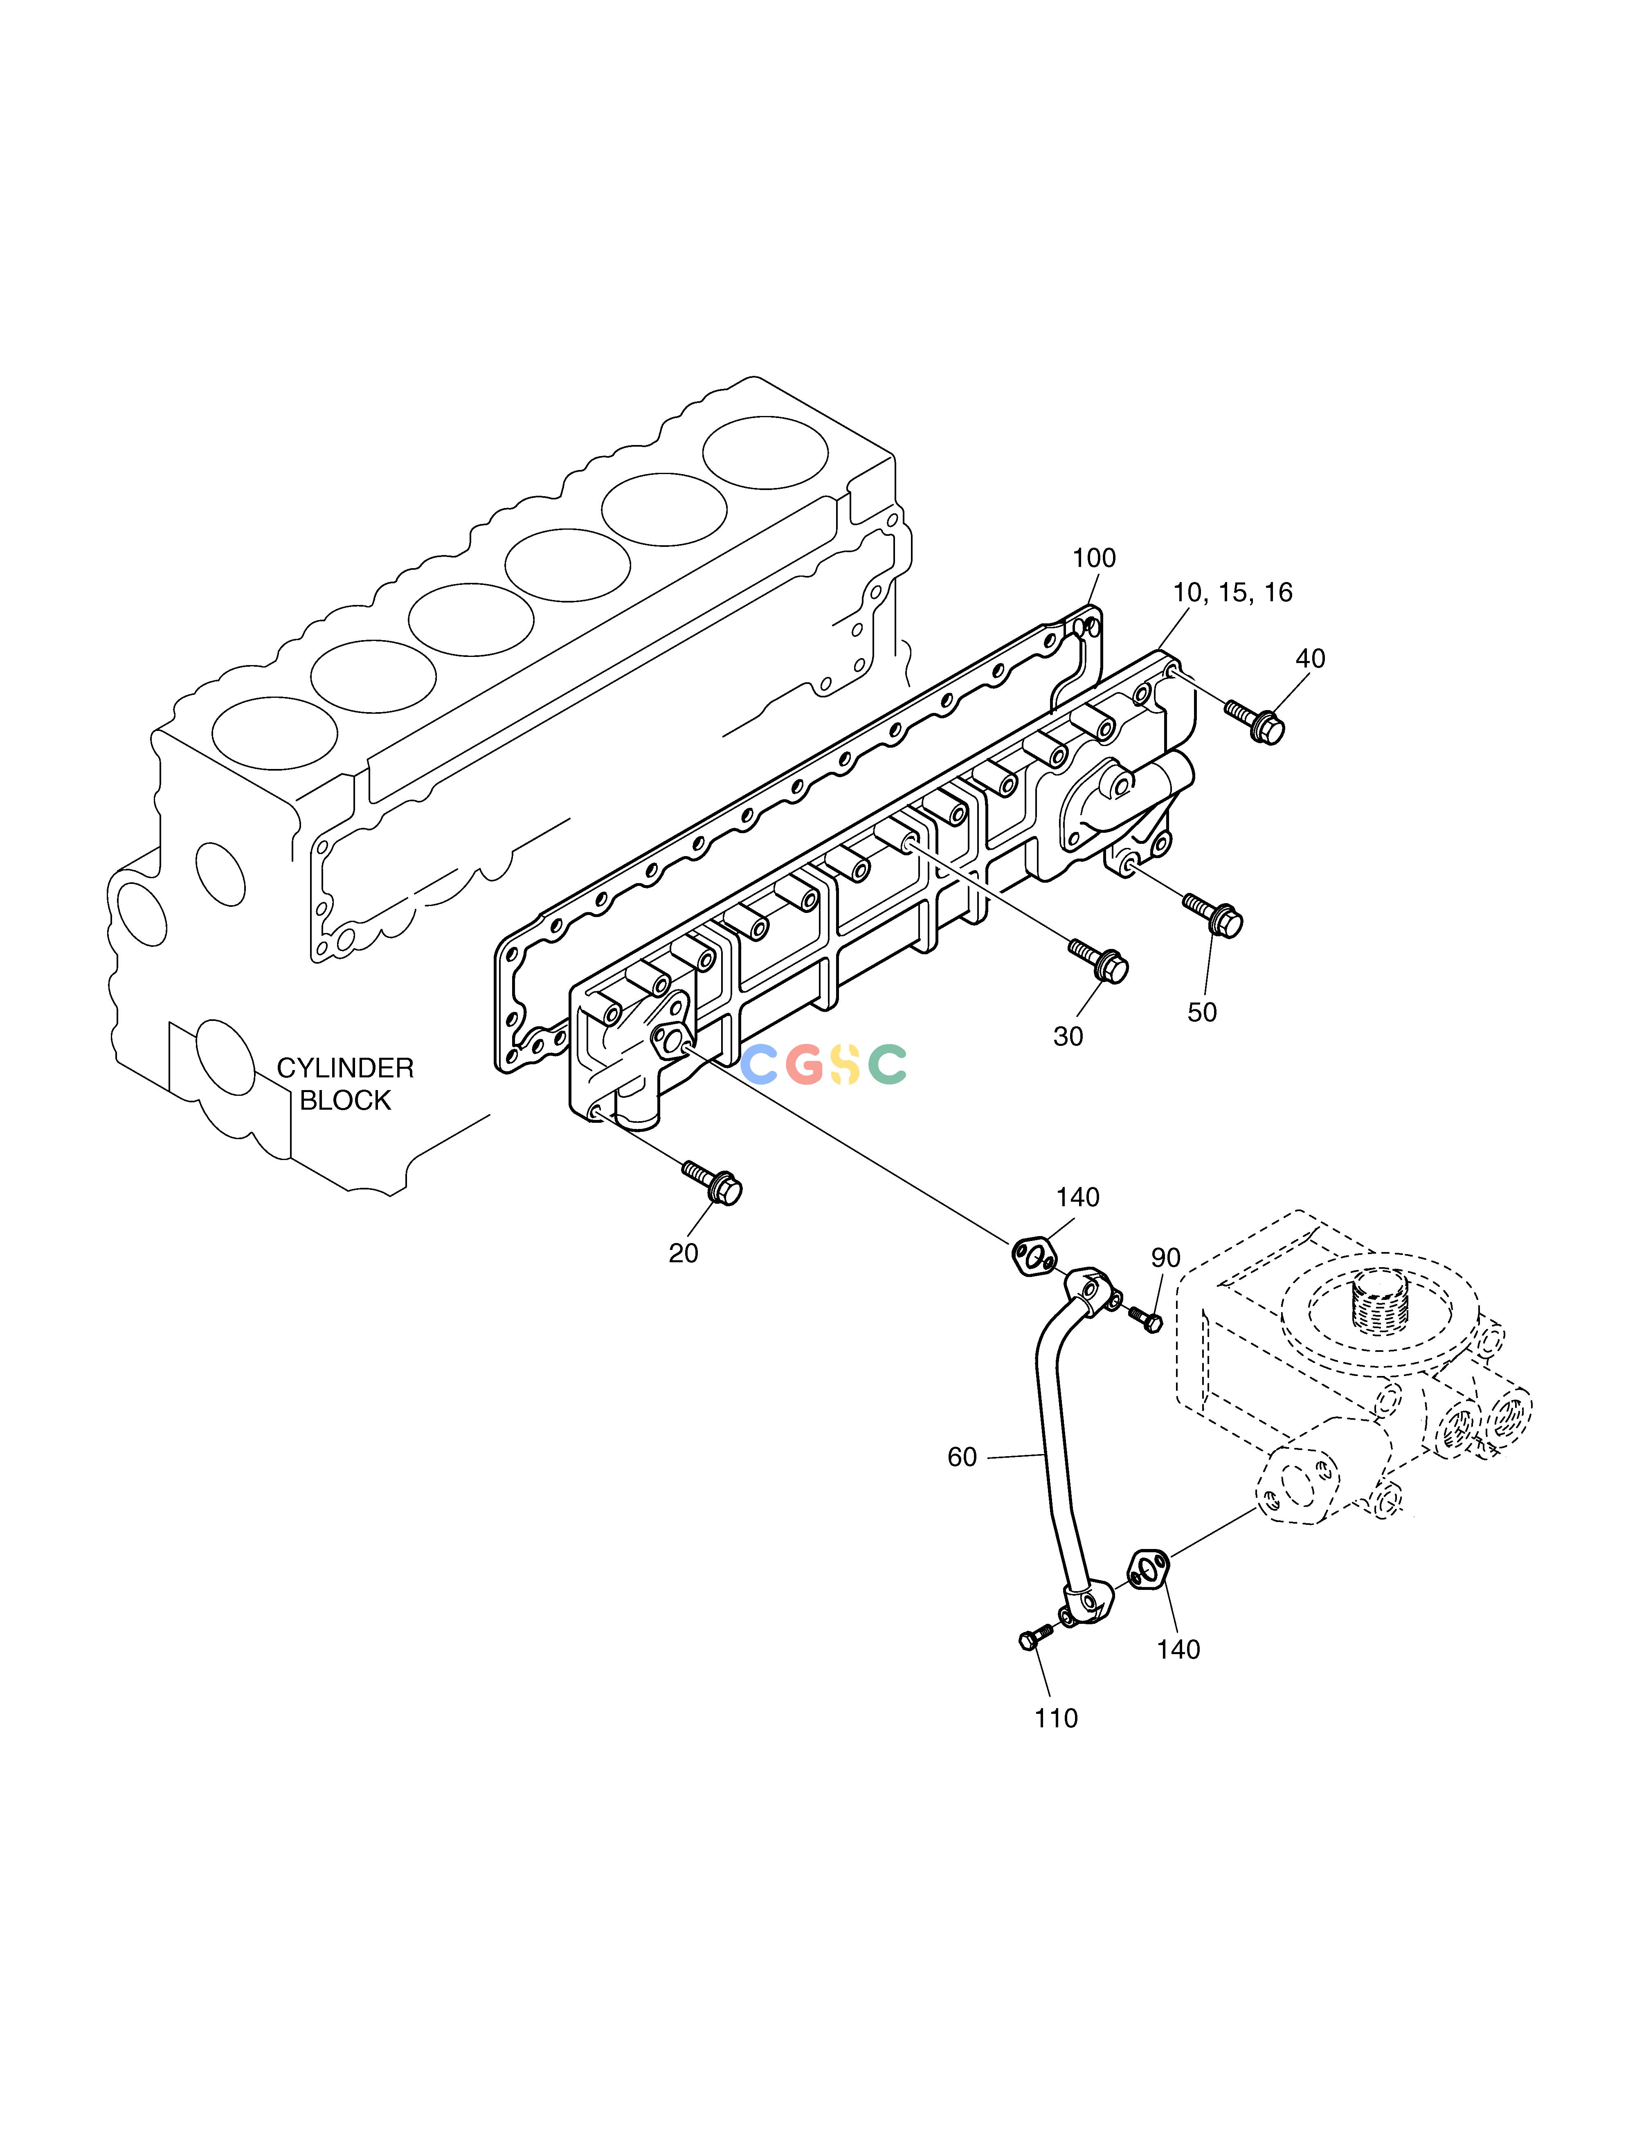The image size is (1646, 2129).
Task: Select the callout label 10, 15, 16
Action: click(x=1232, y=593)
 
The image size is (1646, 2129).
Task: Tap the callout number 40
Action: click(x=1310, y=659)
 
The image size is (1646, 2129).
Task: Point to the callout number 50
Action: click(x=1202, y=1013)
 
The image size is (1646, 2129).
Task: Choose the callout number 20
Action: click(x=684, y=1254)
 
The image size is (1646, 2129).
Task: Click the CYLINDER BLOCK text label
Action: click(x=345, y=1084)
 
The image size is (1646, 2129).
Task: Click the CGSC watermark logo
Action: click(x=824, y=1064)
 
